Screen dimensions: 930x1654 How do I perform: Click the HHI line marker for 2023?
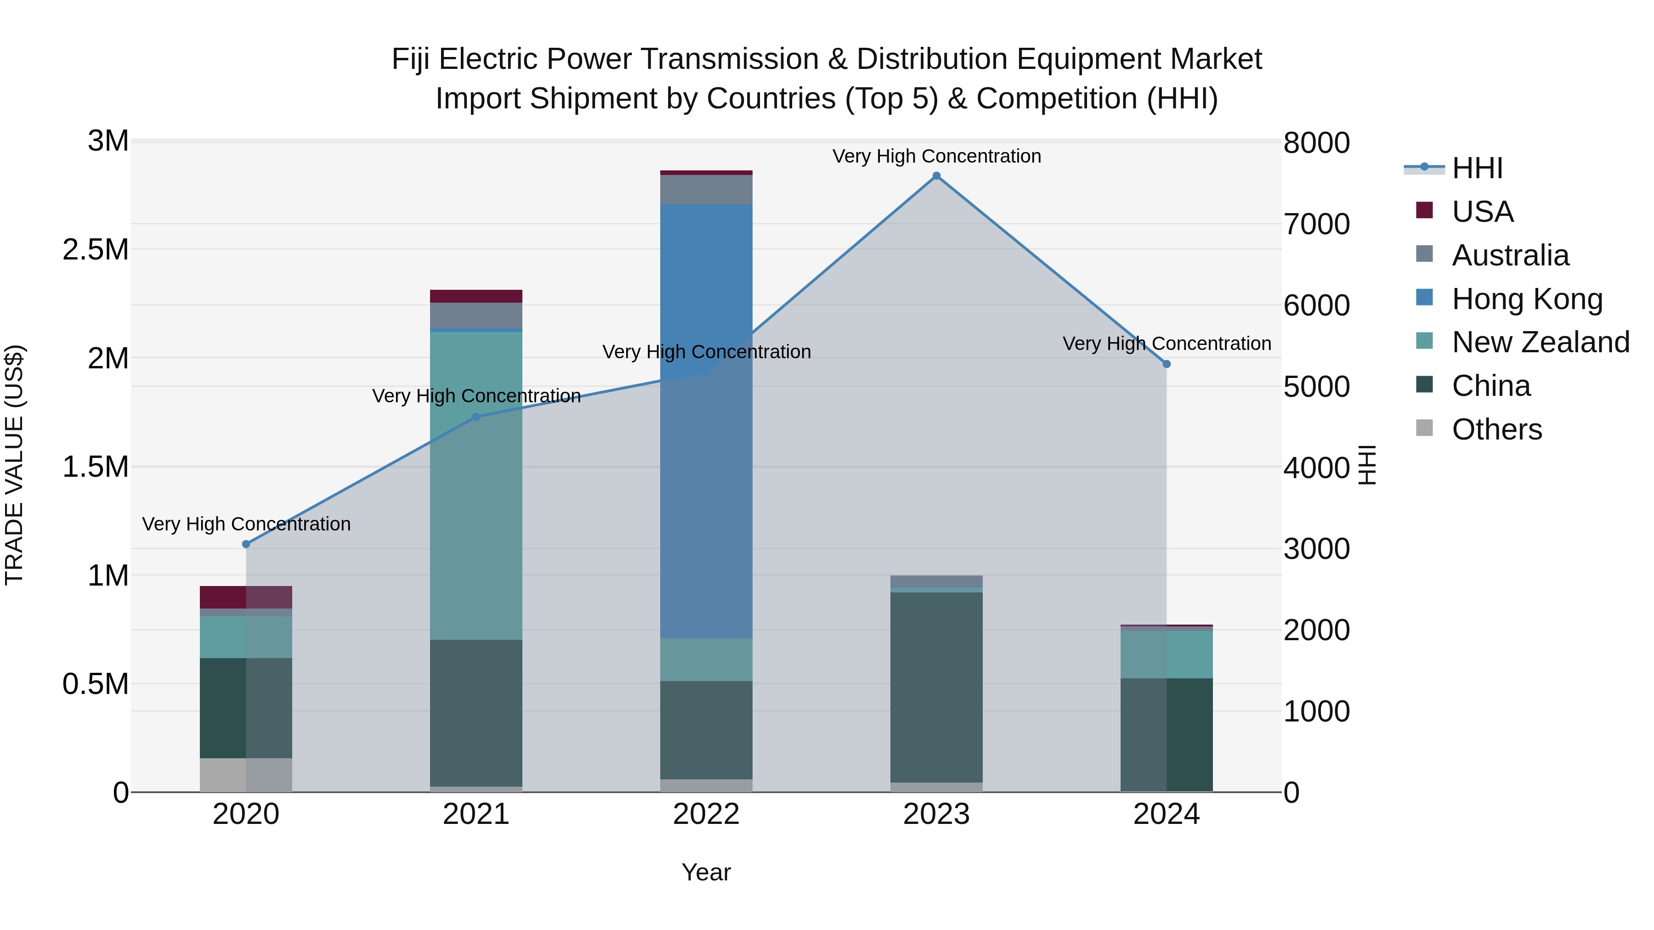coord(936,176)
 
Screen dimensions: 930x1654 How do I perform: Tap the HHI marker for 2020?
coord(246,544)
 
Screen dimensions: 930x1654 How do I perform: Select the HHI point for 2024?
coord(1167,364)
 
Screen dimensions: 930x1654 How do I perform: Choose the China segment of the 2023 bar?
coord(936,687)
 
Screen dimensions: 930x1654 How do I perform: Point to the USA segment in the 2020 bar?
coord(246,597)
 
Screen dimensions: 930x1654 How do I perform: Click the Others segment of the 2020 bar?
coord(246,775)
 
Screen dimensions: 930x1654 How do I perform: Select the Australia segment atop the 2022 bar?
coord(706,189)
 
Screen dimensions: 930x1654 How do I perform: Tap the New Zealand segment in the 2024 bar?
coord(1167,654)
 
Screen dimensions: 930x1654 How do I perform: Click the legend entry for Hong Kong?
coord(1527,299)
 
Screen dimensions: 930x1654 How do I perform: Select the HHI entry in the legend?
coord(1477,168)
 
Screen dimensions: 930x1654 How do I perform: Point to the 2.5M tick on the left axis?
coord(96,250)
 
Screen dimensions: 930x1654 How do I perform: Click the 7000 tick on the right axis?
coord(1316,224)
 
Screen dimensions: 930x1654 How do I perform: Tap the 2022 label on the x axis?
coord(706,814)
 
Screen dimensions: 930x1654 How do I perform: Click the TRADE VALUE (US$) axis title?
coord(14,465)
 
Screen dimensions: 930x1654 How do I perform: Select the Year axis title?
coord(706,872)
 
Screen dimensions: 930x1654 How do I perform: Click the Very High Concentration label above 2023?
coord(936,156)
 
